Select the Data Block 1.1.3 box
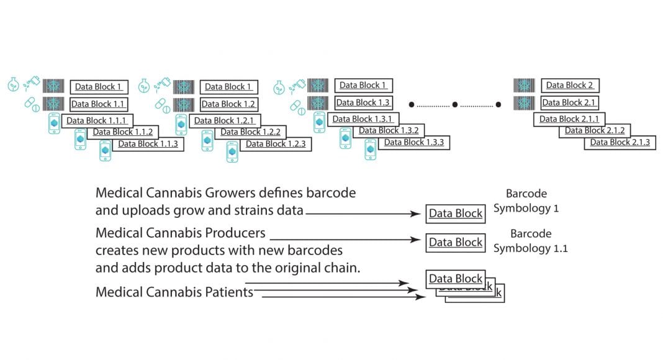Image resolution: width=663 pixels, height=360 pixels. coord(148,144)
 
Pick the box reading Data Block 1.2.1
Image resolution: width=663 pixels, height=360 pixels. coord(224,120)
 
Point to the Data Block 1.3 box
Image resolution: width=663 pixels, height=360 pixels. coord(363,102)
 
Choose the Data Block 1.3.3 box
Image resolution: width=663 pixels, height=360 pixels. coord(413,143)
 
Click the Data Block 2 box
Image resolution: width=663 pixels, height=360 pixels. coord(569,86)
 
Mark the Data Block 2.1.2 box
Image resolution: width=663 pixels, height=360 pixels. coord(594,130)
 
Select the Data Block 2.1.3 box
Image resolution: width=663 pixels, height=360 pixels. coord(620,142)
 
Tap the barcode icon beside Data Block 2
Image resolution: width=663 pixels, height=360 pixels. coord(525,86)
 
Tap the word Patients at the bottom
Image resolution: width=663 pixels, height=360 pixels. coord(225,292)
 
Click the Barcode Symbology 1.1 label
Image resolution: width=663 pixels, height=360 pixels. coord(530,241)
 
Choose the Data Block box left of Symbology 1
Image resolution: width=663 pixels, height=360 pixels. coord(456,214)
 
